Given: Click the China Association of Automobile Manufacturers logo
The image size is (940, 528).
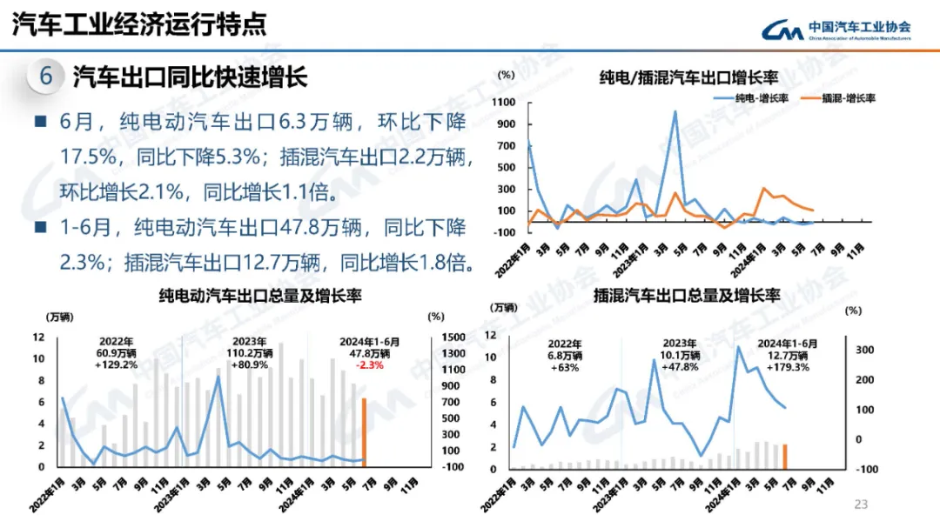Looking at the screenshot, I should (836, 30).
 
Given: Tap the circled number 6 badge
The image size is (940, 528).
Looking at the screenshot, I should (46, 77).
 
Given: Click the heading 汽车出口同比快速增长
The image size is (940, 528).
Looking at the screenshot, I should (190, 77).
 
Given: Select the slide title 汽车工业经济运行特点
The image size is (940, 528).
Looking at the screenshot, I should (138, 24).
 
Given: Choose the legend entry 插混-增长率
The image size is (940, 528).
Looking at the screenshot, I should (839, 98).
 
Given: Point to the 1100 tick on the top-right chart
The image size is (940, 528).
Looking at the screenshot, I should (504, 103).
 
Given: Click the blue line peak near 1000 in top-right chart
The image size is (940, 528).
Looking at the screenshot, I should (675, 111).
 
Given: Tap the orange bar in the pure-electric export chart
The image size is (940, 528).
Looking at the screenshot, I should (364, 431).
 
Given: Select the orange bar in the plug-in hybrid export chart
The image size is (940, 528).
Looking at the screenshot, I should (784, 456).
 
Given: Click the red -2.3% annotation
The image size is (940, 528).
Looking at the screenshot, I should (370, 365).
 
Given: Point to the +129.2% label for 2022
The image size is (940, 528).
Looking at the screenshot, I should (117, 365).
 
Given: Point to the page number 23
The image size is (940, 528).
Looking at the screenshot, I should (862, 505).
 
